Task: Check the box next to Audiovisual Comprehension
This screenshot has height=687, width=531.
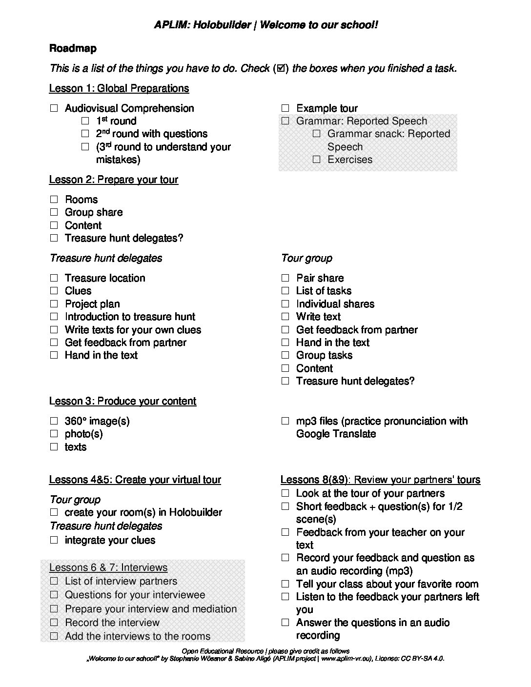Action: coord(54,108)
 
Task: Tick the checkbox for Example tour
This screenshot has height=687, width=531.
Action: coord(285,108)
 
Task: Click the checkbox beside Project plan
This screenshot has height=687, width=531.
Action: coord(54,304)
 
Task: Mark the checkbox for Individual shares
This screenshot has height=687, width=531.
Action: coord(285,304)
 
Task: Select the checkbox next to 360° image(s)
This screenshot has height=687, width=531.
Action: coord(54,421)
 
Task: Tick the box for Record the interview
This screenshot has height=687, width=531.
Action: coord(54,623)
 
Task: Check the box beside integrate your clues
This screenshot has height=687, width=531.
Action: coord(54,540)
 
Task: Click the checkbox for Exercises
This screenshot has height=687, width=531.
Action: coord(317,160)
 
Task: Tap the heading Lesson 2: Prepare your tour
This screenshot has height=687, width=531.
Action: coord(113,180)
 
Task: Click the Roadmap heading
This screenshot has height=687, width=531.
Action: coord(73,48)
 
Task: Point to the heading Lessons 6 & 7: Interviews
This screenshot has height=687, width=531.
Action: coord(108,567)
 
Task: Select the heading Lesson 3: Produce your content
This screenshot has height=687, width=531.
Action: coord(123,401)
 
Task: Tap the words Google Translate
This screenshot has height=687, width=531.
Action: coord(336,434)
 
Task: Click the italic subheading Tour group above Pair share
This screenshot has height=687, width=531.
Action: coord(306,258)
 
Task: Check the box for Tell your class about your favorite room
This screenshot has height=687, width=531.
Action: coord(285,584)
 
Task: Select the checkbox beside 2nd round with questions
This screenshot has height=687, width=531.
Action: coord(85,134)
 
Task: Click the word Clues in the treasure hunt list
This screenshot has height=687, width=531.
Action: coord(78,291)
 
